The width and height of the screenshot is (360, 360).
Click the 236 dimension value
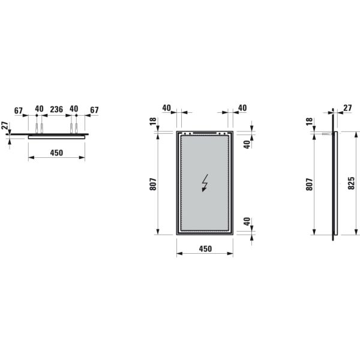click(x=56, y=109)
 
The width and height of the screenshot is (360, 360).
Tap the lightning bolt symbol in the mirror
click(x=205, y=182)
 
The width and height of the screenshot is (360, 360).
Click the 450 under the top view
click(x=56, y=153)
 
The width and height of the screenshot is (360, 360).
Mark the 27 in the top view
click(x=5, y=127)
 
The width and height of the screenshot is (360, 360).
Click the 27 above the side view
click(x=348, y=109)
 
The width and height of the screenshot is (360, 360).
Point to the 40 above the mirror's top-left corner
click(x=166, y=108)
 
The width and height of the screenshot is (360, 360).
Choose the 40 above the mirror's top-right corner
click(x=242, y=108)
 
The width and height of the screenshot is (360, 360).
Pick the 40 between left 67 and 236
click(x=39, y=109)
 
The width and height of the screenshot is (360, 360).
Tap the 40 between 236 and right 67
click(x=74, y=109)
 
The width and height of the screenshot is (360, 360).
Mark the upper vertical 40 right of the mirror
click(x=246, y=144)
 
